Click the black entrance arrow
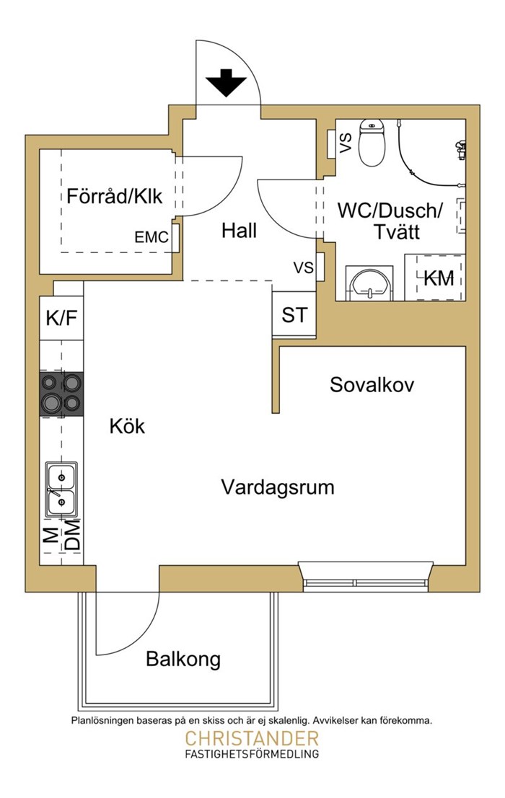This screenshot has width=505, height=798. click(226, 83)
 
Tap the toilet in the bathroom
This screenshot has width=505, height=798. click(372, 142)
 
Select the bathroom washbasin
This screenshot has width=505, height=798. click(369, 283)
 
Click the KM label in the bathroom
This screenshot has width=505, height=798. click(439, 278)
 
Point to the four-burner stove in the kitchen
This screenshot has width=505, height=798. click(61, 394)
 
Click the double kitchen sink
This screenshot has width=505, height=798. click(61, 489)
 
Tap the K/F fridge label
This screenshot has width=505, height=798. click(61, 318)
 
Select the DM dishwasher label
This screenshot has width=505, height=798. click(74, 534)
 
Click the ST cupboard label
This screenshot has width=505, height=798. click(295, 315)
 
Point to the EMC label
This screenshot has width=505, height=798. click(151, 237)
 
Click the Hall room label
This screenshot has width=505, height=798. click(239, 231)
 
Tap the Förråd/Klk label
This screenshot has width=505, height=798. click(115, 196)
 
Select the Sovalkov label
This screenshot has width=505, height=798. click(372, 384)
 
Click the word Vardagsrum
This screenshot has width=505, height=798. click(278, 487)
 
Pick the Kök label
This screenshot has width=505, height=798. click(127, 426)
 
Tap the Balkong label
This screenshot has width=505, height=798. click(183, 659)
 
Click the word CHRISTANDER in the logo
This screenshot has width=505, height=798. click(252, 738)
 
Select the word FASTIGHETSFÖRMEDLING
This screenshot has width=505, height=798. click(252, 754)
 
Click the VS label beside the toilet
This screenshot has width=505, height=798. click(346, 143)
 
